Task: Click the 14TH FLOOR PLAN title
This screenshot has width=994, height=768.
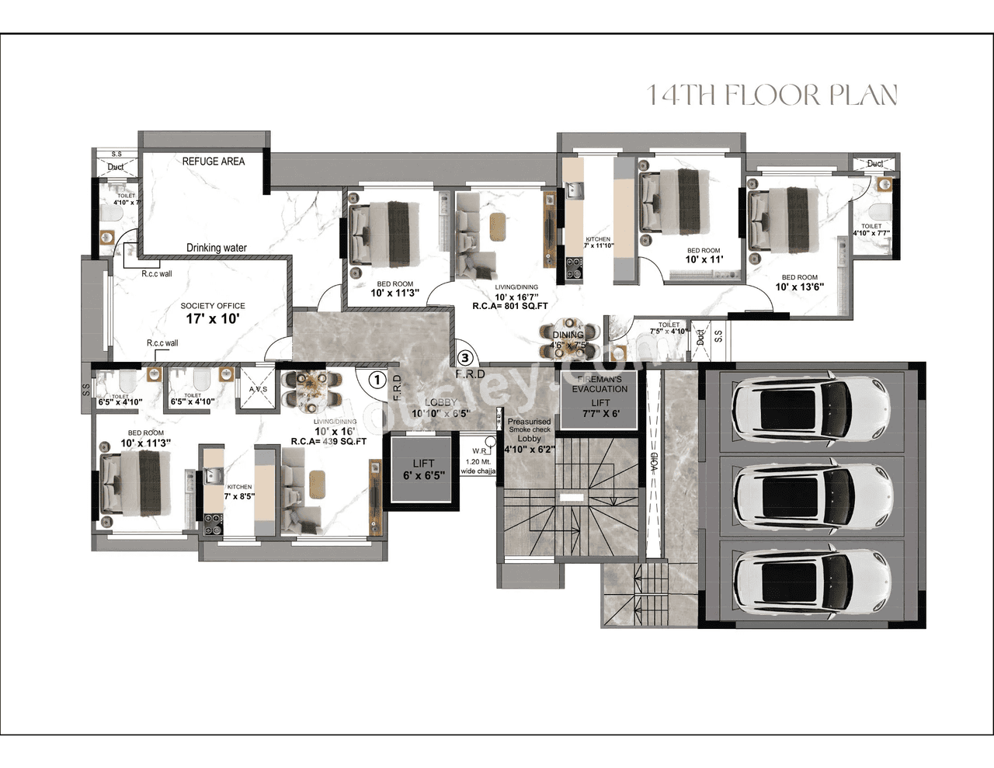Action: click(x=772, y=96)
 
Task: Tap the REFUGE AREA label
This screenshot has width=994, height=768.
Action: click(x=213, y=162)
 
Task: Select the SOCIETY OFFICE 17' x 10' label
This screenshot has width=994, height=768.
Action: click(x=212, y=314)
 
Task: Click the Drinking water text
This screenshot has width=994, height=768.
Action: click(x=216, y=248)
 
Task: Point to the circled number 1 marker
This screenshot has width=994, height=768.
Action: click(x=377, y=380)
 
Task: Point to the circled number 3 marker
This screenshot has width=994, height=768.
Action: click(x=464, y=358)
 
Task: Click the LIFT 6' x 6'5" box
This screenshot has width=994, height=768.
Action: click(x=423, y=470)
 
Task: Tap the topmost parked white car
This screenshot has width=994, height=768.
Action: click(x=812, y=410)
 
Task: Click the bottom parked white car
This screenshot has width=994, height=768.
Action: click(x=812, y=582)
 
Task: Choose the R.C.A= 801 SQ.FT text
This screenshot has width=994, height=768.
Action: click(x=510, y=306)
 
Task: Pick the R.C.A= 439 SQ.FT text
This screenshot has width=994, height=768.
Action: click(x=328, y=441)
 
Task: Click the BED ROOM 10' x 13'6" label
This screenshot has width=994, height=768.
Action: click(x=799, y=283)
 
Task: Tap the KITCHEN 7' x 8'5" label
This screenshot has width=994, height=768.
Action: click(x=239, y=492)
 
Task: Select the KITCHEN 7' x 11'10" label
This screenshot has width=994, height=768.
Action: click(x=598, y=242)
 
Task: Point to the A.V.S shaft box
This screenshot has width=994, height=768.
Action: click(x=258, y=389)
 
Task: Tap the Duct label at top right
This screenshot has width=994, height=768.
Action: click(x=874, y=164)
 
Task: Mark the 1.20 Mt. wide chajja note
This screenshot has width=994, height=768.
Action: click(x=478, y=466)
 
